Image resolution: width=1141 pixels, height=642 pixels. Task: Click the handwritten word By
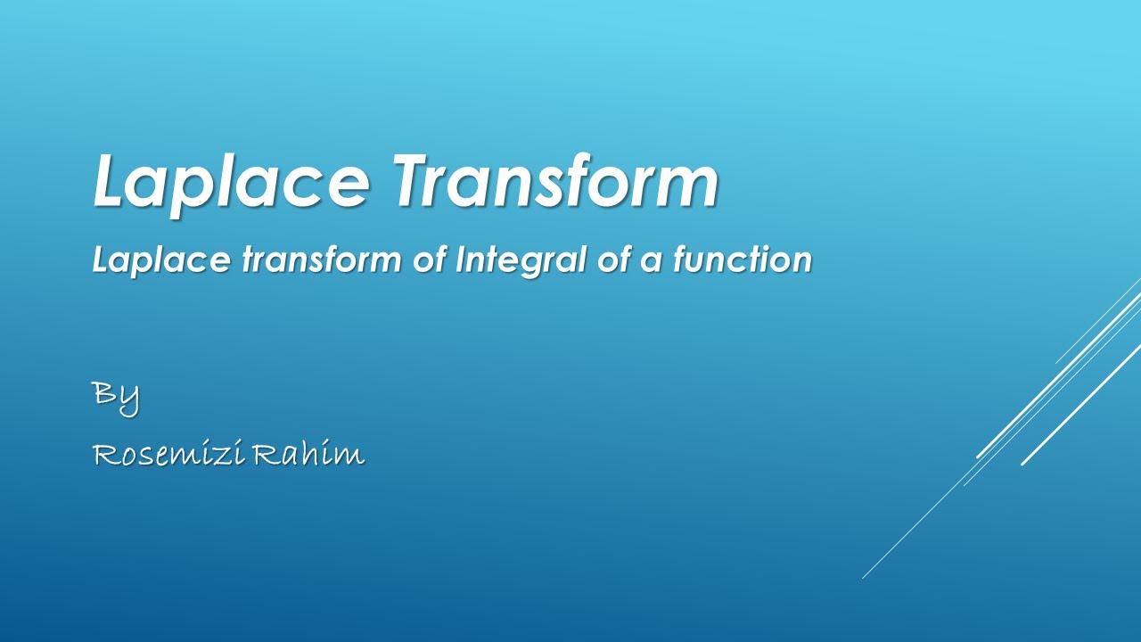pos(116,394)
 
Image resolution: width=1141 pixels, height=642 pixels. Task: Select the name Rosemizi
pos(168,455)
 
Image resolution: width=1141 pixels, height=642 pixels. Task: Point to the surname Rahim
pos(308,455)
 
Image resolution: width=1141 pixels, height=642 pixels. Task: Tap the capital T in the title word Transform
pos(416,181)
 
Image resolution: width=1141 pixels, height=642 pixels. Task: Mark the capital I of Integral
pos(460,259)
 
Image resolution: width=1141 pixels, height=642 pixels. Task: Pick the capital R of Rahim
pos(266,455)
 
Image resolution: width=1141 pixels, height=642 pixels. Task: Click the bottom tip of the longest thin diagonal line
pos(863,578)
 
